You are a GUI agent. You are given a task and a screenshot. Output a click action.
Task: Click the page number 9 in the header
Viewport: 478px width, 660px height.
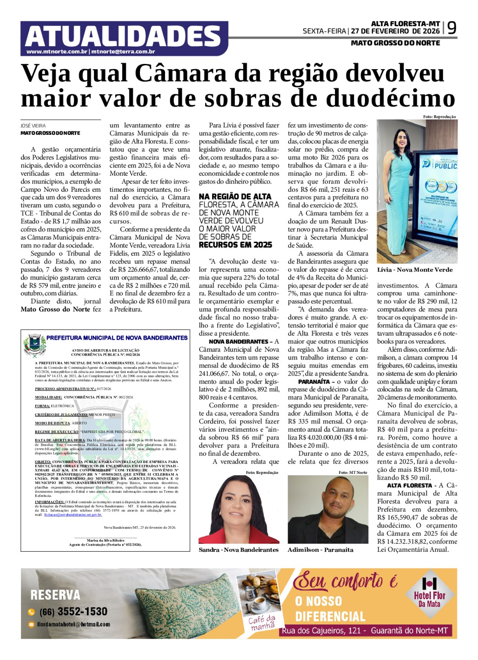point(451,29)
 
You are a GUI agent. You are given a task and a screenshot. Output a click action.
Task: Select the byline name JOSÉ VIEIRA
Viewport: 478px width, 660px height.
point(33,126)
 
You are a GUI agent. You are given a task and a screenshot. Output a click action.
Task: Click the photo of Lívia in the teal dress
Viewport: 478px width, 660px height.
point(417,191)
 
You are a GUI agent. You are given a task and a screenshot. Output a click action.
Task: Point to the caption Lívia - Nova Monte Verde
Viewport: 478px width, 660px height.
point(415,270)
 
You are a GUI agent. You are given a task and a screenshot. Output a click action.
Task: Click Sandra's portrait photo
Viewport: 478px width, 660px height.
point(239,509)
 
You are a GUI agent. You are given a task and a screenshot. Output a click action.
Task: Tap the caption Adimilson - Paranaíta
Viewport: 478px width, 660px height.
point(320,550)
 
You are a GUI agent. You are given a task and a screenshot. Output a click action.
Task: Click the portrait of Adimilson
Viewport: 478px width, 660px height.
point(328,509)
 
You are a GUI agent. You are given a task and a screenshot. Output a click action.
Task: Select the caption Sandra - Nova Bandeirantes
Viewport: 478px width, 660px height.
point(239,550)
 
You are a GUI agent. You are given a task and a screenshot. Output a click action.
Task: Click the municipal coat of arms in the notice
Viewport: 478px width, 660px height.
point(35,345)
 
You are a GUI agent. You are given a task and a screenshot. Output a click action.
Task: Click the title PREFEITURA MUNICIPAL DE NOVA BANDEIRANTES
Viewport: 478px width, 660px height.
point(117,338)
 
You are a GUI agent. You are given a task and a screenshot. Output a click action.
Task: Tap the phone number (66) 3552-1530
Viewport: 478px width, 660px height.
point(73,612)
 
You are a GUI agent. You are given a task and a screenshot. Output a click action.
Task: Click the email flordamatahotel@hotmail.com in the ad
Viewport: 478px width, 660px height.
point(73,624)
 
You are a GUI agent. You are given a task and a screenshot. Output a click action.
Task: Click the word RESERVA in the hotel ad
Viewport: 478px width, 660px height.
point(55,595)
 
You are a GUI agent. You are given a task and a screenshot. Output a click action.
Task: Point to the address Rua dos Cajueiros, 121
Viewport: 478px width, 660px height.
point(324,630)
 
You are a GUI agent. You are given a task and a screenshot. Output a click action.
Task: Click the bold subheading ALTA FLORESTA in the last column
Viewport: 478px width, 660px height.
point(409,485)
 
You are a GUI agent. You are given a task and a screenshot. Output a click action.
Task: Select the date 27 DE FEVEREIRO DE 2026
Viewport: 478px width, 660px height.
point(395,31)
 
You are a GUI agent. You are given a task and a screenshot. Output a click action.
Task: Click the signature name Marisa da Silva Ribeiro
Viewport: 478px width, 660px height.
point(105,540)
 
